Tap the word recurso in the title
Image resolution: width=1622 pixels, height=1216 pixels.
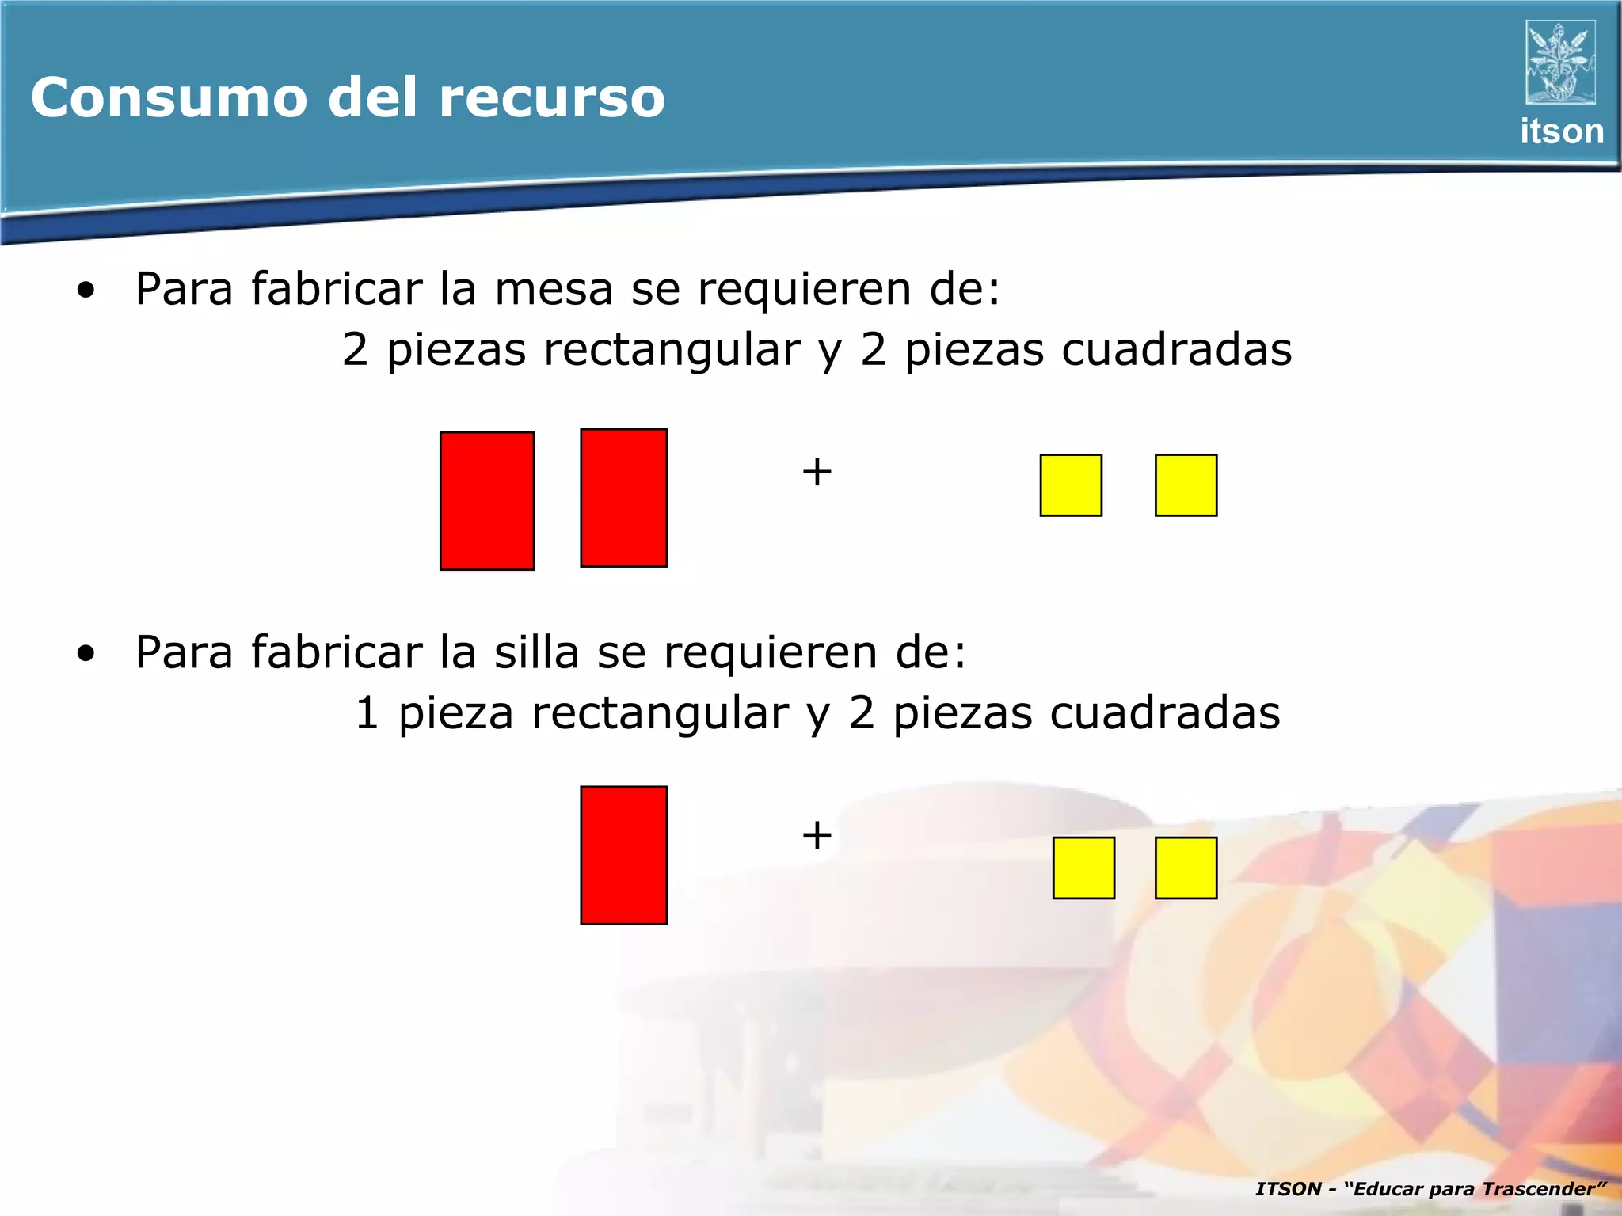click(551, 97)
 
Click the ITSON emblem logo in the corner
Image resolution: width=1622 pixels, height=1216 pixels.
click(1559, 63)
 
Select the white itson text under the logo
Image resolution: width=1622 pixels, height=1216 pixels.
click(1561, 131)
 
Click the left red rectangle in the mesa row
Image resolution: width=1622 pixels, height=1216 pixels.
click(487, 501)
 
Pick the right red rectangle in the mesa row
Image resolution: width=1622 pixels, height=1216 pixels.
click(624, 498)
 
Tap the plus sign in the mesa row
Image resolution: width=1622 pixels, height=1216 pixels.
click(817, 473)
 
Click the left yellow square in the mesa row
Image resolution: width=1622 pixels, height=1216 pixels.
click(1071, 485)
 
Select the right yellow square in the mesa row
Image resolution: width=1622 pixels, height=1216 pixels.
click(1186, 485)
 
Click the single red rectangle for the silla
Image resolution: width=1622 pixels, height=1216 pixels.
click(624, 855)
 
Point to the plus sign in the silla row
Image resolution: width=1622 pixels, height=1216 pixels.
click(817, 835)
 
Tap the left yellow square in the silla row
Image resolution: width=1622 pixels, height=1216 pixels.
click(1083, 868)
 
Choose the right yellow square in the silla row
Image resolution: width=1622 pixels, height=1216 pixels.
click(1186, 868)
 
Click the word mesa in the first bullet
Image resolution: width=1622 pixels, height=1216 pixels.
click(554, 289)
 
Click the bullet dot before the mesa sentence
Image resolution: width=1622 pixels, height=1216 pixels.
click(86, 291)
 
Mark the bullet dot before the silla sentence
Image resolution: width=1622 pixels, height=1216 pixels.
click(86, 654)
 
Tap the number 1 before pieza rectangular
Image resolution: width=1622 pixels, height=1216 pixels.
click(367, 713)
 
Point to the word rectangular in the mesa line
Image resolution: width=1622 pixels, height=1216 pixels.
click(672, 350)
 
